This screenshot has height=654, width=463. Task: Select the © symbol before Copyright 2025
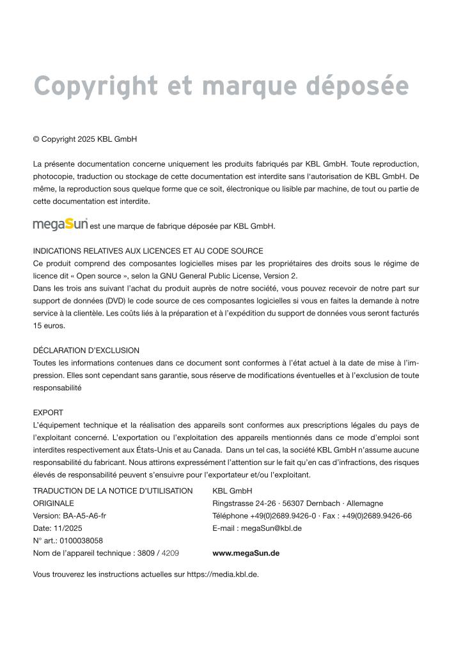tap(36, 139)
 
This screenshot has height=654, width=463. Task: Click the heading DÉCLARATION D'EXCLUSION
tap(86, 351)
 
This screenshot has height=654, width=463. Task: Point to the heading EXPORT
tap(48, 413)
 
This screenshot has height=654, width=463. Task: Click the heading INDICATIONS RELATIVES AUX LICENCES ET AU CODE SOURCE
tap(148, 251)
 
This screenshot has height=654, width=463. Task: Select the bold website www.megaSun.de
tap(246, 553)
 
